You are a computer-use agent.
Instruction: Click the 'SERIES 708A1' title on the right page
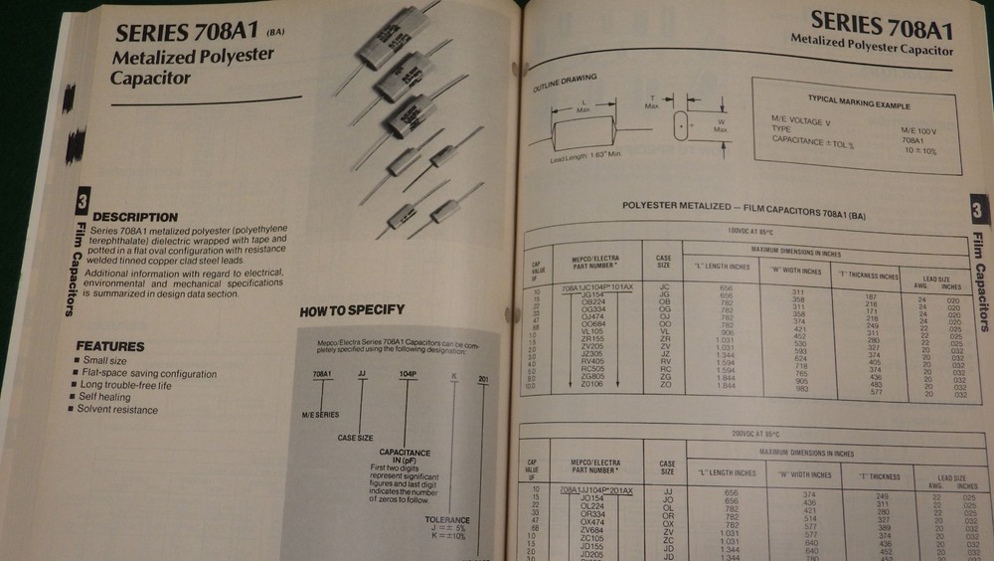881,22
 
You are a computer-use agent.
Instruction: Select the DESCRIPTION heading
135,217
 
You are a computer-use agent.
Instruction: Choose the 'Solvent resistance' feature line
119,409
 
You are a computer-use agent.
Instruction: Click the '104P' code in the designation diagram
408,375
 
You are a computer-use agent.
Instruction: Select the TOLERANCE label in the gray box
447,519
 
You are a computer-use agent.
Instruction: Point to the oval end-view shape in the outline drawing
681,127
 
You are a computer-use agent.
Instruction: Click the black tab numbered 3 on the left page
82,202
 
